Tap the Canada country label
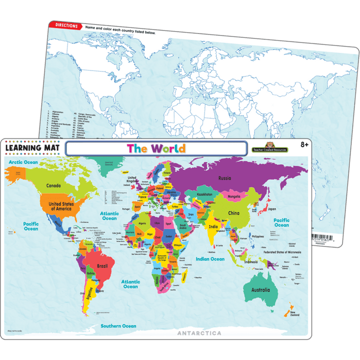point(53,185)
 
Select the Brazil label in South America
point(103,266)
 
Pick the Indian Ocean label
point(210,259)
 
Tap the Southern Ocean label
point(118,326)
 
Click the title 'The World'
point(156,148)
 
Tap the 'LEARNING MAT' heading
point(31,148)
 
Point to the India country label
point(213,226)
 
